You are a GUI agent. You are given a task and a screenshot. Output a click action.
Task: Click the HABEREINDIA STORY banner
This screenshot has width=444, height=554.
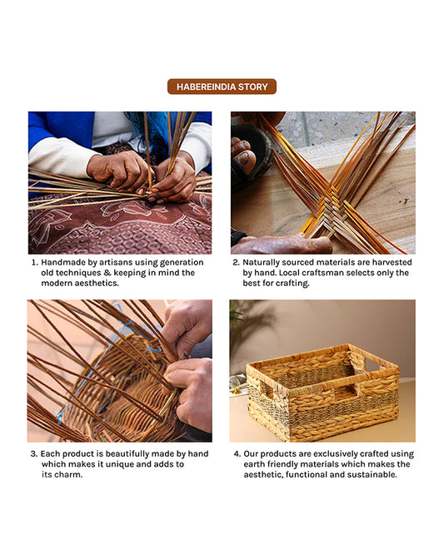pos(222,87)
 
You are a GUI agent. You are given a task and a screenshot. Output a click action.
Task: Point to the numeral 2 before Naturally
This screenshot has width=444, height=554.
pos(236,263)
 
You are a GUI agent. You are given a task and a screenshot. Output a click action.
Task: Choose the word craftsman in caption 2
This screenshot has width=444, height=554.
pos(325,273)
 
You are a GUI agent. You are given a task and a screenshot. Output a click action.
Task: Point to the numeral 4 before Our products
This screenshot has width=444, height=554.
pos(237,454)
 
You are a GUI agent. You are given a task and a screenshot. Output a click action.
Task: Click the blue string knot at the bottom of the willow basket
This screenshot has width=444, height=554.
pos(59,418)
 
